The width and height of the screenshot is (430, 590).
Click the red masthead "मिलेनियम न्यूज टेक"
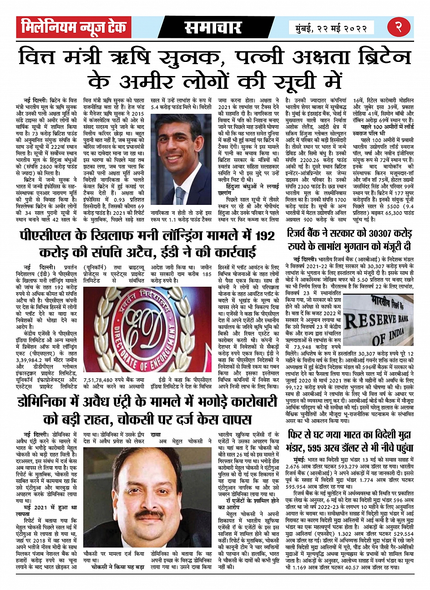(x=73, y=28)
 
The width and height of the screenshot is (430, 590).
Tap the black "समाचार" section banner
(x=212, y=28)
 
